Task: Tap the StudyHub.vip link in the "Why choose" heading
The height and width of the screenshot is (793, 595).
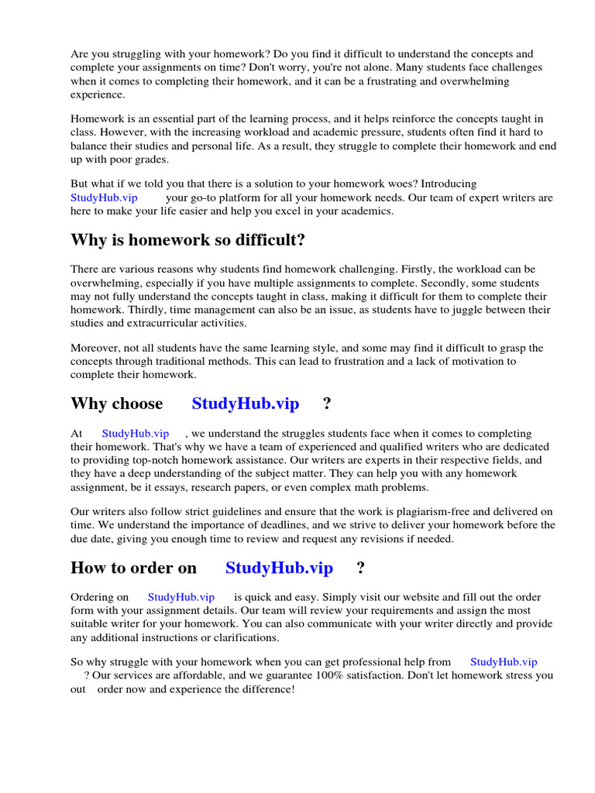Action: click(245, 403)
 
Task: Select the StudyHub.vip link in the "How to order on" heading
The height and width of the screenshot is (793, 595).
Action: click(279, 568)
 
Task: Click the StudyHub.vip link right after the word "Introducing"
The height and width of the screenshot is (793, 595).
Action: click(104, 197)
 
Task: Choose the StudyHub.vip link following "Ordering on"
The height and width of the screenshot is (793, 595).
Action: click(181, 597)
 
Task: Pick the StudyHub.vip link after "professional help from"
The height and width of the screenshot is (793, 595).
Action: click(503, 661)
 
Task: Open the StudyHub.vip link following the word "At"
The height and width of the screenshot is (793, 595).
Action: click(135, 434)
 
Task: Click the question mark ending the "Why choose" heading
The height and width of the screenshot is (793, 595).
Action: click(327, 403)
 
